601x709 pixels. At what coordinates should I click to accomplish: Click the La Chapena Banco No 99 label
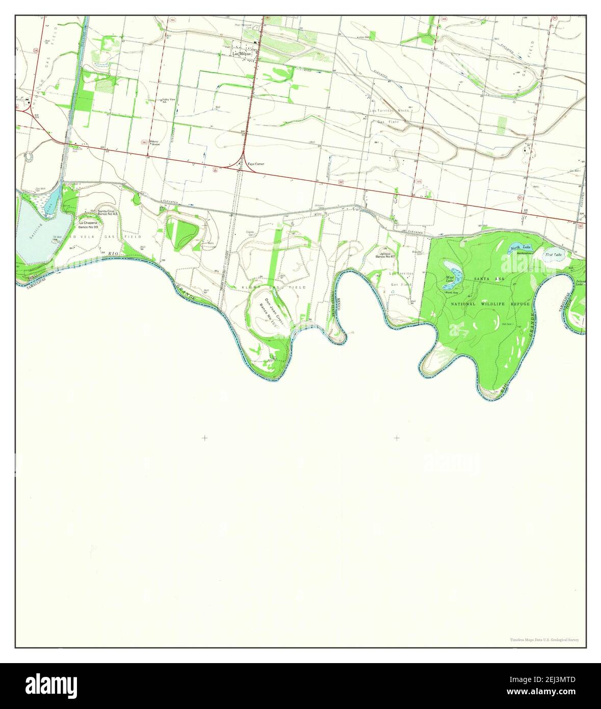click(88, 224)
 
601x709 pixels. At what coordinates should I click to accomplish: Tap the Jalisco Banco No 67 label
click(385, 255)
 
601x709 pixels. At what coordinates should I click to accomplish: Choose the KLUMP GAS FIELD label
click(274, 288)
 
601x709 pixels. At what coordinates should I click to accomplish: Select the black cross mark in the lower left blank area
click(204, 438)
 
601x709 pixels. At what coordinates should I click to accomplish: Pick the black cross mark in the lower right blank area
click(396, 438)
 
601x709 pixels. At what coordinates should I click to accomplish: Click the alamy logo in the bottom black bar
click(46, 684)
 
